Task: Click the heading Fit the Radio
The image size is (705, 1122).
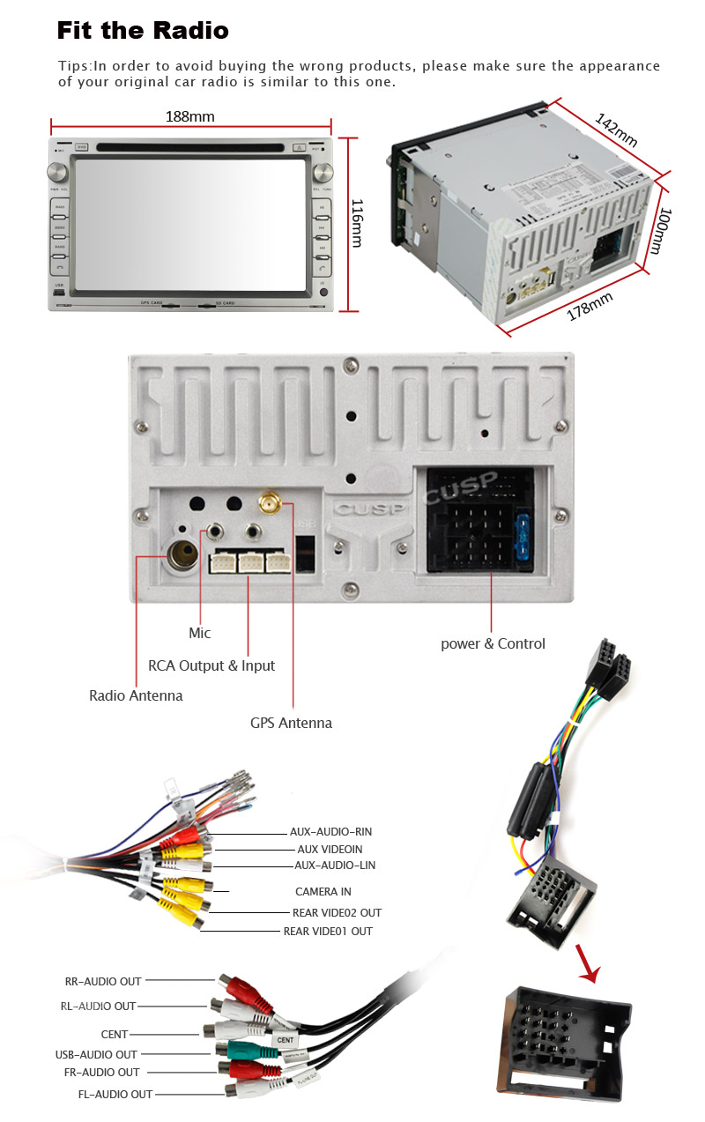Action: point(143,31)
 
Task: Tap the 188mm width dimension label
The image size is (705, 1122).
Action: point(190,116)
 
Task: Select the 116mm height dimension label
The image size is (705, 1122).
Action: point(356,222)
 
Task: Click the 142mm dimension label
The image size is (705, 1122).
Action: point(616,130)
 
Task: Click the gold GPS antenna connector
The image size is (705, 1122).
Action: point(269,505)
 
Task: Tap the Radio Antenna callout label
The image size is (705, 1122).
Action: point(136,695)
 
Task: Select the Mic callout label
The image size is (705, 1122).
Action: point(200,633)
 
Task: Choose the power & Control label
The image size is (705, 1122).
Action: point(493,643)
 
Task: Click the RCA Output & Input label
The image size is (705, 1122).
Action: point(211,665)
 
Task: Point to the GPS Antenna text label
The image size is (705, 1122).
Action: point(291,723)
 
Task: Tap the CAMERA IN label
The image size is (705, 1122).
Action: point(323,892)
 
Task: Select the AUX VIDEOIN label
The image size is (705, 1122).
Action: point(330,849)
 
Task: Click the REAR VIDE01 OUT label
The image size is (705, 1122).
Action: point(328,932)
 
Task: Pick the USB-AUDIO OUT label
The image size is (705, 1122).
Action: point(96,1054)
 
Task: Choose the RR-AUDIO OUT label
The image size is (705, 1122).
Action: point(103,981)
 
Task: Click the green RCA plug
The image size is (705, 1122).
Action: point(239,1050)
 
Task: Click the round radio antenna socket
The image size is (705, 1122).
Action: point(184,555)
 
